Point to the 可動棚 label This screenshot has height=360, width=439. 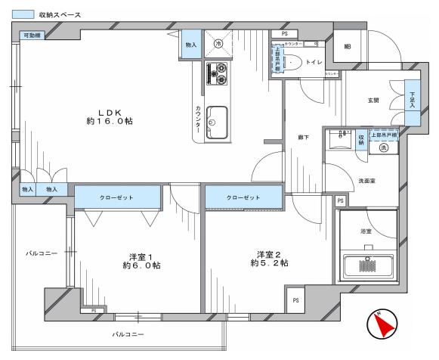(31, 36)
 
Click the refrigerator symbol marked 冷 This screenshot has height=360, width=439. (219, 44)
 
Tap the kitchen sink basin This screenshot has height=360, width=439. (217, 120)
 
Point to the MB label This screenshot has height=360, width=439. (347, 47)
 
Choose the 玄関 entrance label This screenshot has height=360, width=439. (373, 101)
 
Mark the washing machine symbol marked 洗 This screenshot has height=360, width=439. (383, 148)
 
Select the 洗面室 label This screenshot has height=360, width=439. (367, 182)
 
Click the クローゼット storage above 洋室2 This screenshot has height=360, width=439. (243, 197)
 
